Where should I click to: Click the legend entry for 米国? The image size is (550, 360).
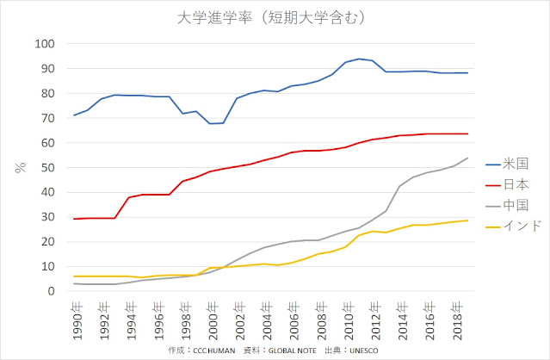(x=515, y=160)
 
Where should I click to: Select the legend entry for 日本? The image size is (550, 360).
(x=515, y=183)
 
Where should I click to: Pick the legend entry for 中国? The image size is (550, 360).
(x=515, y=205)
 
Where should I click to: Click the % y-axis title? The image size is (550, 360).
(x=19, y=168)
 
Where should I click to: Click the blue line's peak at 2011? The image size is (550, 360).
(x=359, y=59)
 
